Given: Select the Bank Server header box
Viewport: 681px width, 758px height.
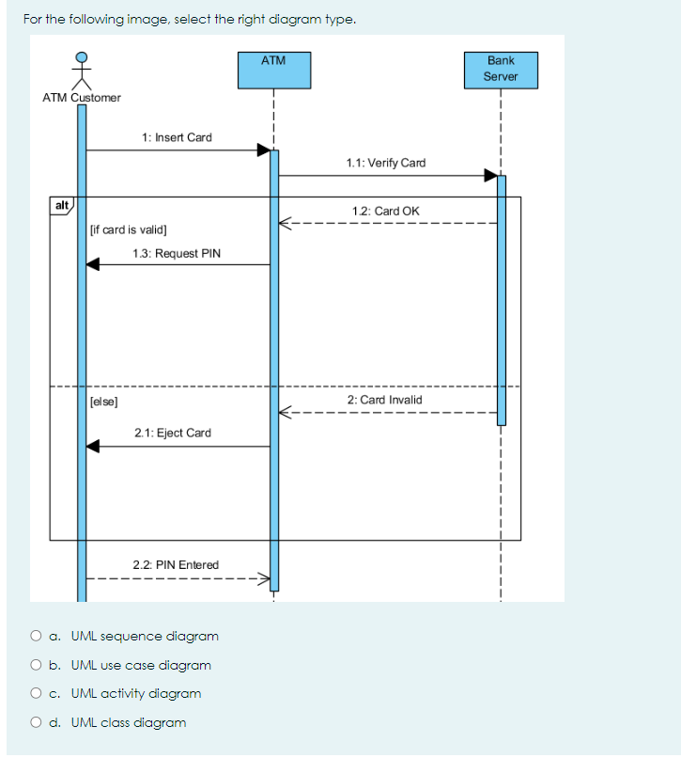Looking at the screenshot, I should (501, 70).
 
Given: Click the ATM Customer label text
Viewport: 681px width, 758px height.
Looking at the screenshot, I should (82, 98).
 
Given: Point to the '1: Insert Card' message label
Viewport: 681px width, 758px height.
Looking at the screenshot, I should (177, 137).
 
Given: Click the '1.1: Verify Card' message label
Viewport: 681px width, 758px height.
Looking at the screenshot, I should (385, 163).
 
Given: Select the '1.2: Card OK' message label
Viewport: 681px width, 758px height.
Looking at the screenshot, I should (385, 211).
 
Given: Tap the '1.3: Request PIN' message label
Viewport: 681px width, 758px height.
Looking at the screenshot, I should (177, 253).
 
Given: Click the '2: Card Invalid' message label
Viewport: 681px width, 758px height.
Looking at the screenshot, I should (384, 400).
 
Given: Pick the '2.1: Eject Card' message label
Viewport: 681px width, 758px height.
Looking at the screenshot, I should (173, 433).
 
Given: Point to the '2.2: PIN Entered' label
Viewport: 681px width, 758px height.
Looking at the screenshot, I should (176, 564).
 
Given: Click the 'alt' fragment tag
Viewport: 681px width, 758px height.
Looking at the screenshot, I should (61, 205).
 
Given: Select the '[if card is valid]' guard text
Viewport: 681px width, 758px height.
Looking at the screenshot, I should (128, 229).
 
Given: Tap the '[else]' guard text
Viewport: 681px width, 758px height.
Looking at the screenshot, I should (103, 401).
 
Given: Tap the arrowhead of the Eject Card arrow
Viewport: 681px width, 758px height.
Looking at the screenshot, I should (93, 447).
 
